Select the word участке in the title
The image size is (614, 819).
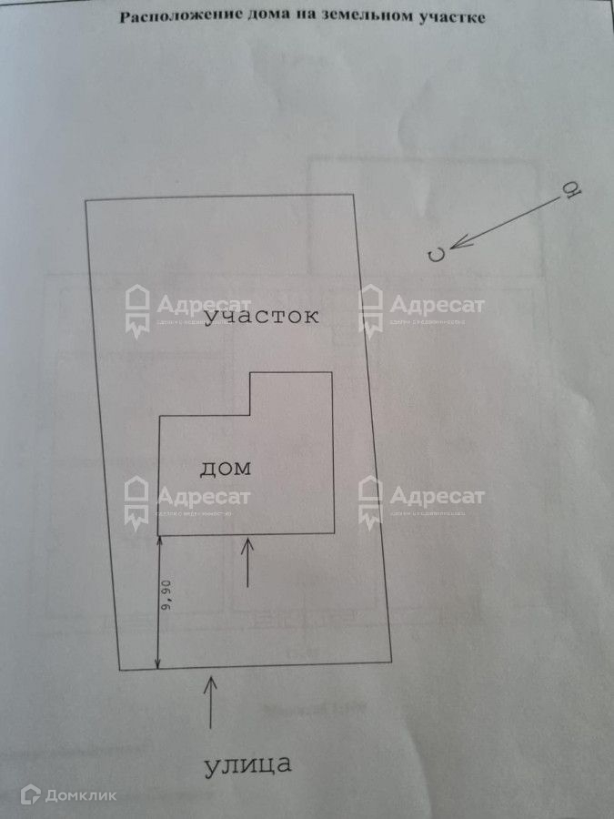[x=448, y=16]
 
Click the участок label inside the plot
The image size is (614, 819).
[x=262, y=317]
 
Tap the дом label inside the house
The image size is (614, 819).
[x=224, y=470]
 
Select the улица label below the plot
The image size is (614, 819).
[x=247, y=764]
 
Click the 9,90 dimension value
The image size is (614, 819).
[x=166, y=602]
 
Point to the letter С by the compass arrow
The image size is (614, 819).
[x=438, y=255]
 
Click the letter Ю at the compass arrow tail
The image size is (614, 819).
[x=571, y=190]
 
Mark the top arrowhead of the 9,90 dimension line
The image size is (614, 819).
[x=159, y=541]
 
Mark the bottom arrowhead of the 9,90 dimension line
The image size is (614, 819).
[x=159, y=664]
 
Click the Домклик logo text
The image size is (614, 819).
[x=81, y=795]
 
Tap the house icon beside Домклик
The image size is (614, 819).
[x=29, y=795]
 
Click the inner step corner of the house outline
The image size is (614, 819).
[x=251, y=416]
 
